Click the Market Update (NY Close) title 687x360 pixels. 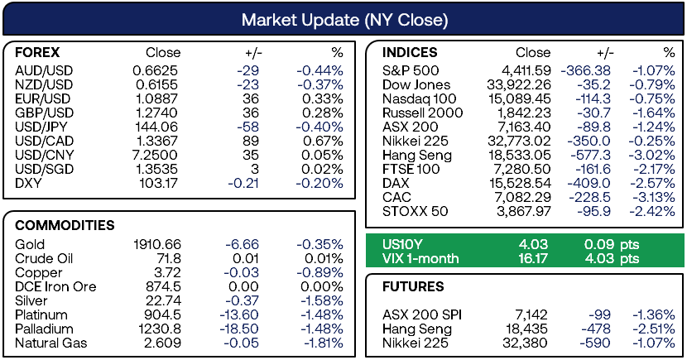344,20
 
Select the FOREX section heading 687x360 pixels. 37,53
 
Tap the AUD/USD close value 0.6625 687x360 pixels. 156,70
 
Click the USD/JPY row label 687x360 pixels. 41,127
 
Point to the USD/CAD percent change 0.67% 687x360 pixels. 323,141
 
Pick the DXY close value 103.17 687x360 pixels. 159,183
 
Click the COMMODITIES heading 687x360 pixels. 65,225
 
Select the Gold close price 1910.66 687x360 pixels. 157,244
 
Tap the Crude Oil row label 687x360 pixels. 44,258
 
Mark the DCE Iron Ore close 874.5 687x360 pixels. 163,286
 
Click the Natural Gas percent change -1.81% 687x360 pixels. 324,343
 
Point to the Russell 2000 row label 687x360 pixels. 422,113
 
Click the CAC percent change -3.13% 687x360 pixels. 653,197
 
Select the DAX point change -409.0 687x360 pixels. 589,183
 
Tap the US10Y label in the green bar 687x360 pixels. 402,244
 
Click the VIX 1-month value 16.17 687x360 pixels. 533,258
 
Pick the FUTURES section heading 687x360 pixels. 413,286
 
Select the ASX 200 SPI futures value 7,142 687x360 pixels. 531,314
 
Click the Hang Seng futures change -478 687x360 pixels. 596,329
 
